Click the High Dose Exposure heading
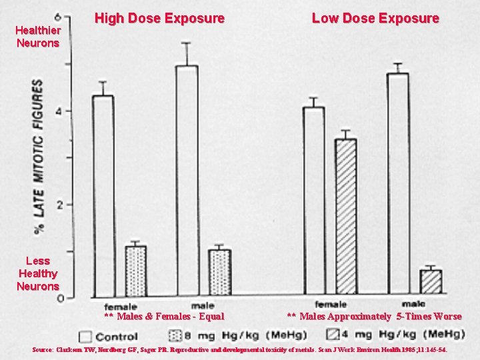[159, 19]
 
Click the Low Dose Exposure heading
[375, 19]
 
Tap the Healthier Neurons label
[39, 37]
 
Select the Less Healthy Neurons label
[38, 273]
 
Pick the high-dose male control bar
[187, 180]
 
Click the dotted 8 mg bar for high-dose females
[135, 271]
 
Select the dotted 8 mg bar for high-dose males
[219, 273]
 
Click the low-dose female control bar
[313, 200]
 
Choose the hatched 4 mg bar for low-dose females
[345, 216]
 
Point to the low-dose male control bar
[397, 183]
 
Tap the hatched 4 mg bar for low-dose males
[431, 281]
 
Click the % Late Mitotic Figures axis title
[40, 156]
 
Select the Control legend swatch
[85, 336]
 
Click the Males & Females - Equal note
[164, 317]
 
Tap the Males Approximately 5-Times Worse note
[374, 317]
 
